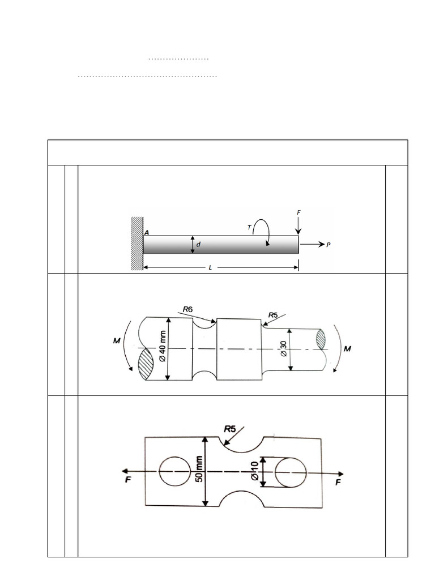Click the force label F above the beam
click(298, 212)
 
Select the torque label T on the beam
click(249, 227)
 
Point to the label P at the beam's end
click(328, 245)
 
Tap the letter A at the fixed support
click(146, 232)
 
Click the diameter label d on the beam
click(198, 245)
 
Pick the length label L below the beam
click(210, 267)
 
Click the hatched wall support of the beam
click(137, 243)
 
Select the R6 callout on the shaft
click(189, 309)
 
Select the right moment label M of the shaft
click(347, 349)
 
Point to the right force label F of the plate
click(338, 482)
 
